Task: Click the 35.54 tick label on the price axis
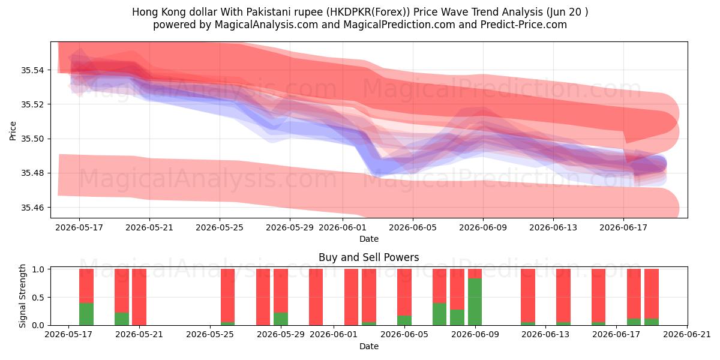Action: (x=32, y=70)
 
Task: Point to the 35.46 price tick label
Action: (x=32, y=208)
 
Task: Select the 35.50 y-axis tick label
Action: (x=32, y=139)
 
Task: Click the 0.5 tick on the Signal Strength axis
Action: (x=38, y=298)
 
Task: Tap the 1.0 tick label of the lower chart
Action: (x=38, y=269)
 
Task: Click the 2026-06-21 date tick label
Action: (x=687, y=334)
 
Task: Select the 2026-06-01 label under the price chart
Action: (x=343, y=227)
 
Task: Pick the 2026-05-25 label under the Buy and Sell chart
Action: (x=210, y=334)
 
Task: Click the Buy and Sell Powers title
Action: (x=368, y=257)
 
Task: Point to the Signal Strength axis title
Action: (x=22, y=296)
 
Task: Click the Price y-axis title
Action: (x=13, y=131)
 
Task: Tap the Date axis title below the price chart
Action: (x=368, y=239)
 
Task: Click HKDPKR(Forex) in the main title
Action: (x=368, y=12)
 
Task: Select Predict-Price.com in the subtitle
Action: (x=524, y=25)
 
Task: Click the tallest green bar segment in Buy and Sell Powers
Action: (x=475, y=302)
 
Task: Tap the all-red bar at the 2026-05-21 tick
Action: (x=139, y=297)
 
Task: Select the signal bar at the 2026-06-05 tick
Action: (x=404, y=297)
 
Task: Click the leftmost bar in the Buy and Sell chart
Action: (x=86, y=297)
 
